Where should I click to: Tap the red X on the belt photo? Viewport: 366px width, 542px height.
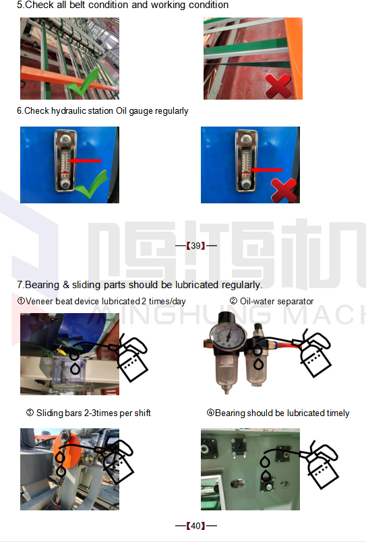pyautogui.click(x=278, y=86)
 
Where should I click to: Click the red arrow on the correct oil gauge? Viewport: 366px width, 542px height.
pyautogui.click(x=84, y=161)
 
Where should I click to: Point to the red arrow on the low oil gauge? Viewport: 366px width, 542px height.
pyautogui.click(x=266, y=170)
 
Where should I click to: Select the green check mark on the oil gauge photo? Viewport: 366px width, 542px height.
pyautogui.click(x=92, y=186)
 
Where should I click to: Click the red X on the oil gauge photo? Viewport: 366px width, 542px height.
pyautogui.click(x=284, y=191)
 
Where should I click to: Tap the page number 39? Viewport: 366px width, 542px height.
pyautogui.click(x=195, y=246)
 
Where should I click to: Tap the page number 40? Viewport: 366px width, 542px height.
pyautogui.click(x=195, y=526)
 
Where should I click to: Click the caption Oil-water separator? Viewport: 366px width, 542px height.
pyautogui.click(x=277, y=302)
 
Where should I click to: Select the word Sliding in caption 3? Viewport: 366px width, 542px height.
pyautogui.click(x=47, y=413)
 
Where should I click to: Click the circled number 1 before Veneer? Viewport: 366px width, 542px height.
pyautogui.click(x=21, y=301)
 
